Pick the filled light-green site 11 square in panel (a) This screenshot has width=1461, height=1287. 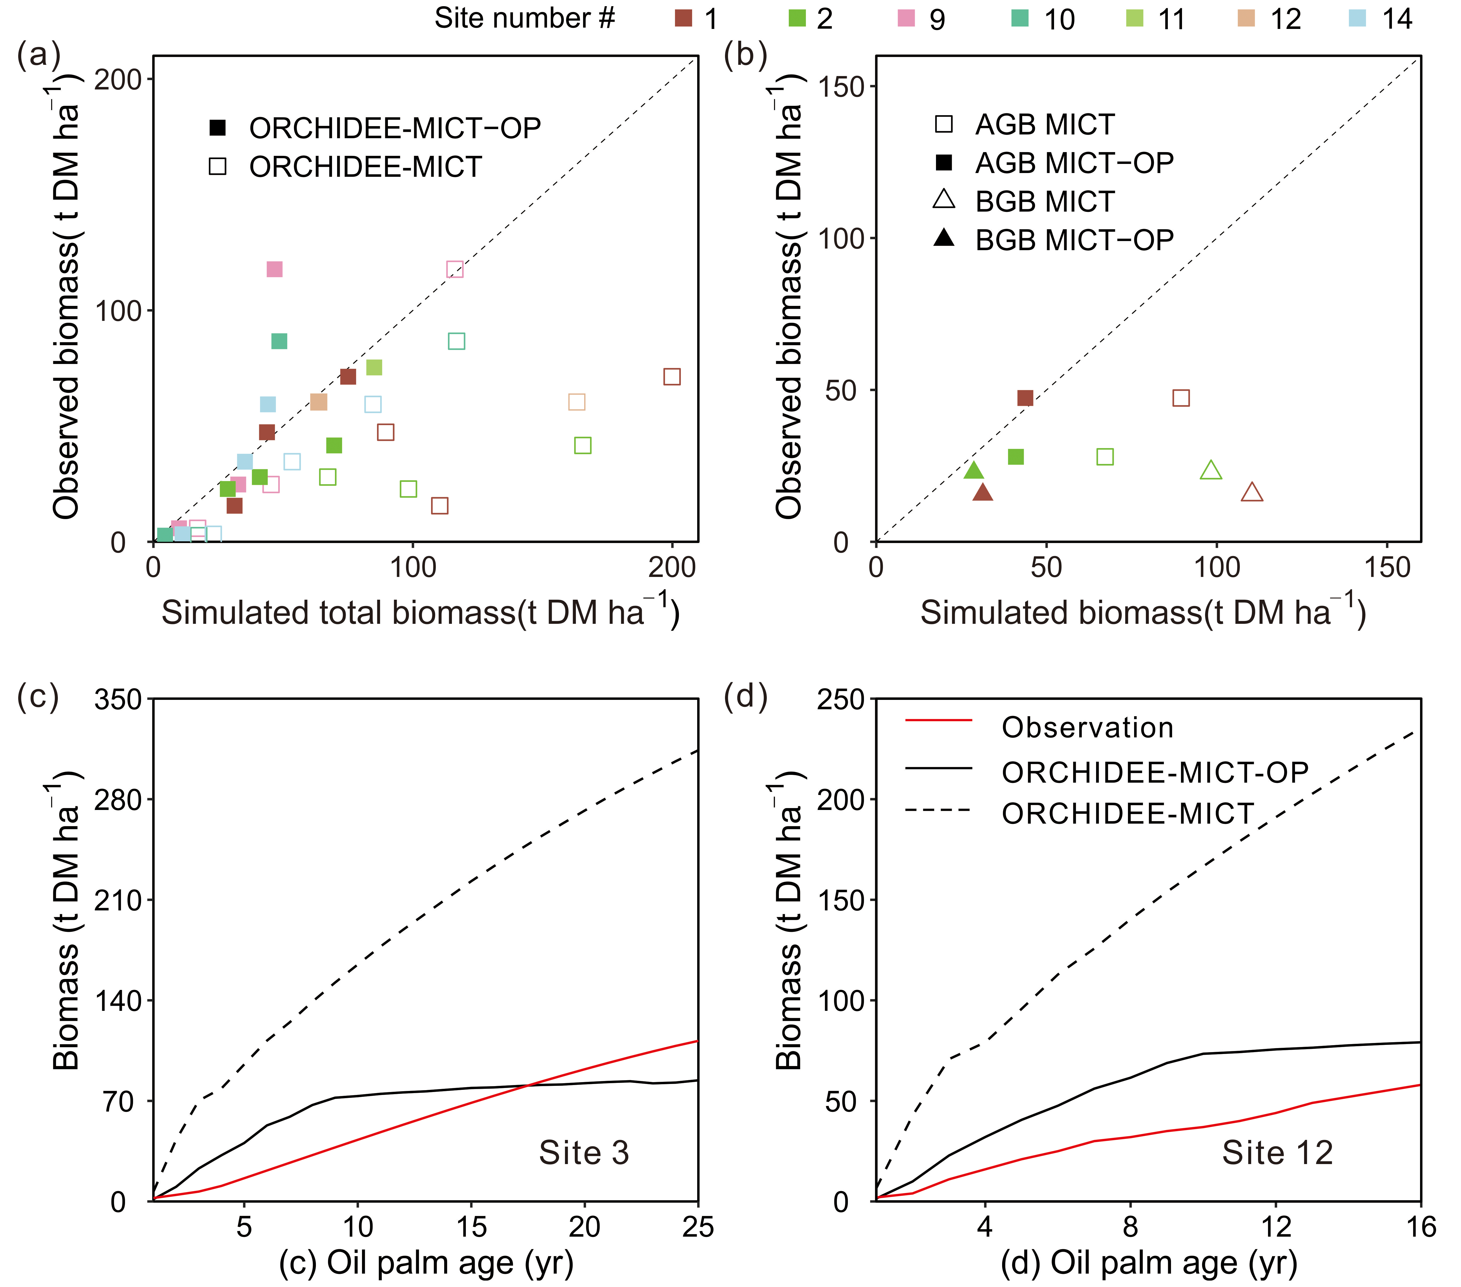[x=374, y=367]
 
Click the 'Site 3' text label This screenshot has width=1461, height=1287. [x=584, y=1153]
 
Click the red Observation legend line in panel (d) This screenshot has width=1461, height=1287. [x=938, y=721]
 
